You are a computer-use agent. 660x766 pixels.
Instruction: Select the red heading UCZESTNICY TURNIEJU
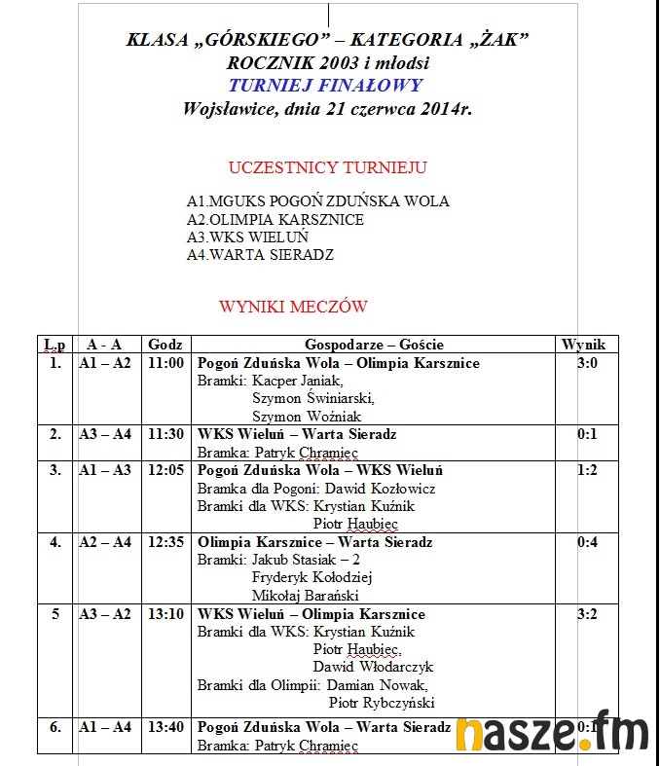coord(327,167)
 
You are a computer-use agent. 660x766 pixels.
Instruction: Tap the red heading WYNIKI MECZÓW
coord(293,307)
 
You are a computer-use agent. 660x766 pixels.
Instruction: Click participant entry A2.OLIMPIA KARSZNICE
coord(275,220)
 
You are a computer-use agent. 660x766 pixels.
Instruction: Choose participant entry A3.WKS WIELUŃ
coord(247,237)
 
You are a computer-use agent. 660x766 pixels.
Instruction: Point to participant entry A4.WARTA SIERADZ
coord(260,255)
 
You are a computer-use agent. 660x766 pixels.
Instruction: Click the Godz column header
coord(165,345)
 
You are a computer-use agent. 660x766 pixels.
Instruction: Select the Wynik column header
coord(583,345)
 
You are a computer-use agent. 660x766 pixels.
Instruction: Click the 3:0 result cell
coord(587,363)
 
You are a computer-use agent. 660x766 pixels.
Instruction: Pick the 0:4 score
coord(587,542)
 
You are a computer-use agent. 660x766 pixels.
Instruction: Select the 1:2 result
coord(587,470)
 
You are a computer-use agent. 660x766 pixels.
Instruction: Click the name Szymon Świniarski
coord(312,398)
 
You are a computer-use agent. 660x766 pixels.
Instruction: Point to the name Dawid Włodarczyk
coord(373,668)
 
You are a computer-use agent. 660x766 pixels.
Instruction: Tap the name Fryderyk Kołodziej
coord(312,577)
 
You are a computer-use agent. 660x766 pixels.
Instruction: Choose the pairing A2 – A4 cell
coord(104,542)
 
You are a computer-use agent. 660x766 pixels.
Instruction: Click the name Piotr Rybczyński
coord(382,703)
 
